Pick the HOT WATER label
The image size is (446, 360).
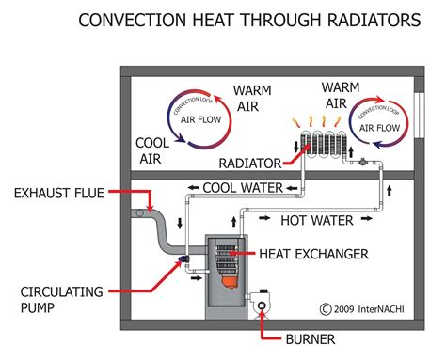point(317,221)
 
